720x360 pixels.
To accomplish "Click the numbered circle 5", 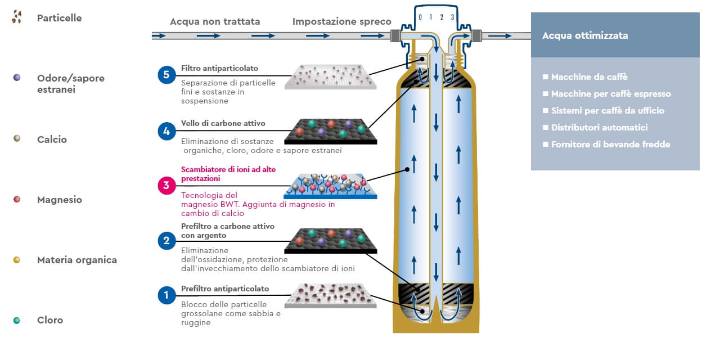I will (166, 74).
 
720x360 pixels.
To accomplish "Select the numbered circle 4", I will (166, 131).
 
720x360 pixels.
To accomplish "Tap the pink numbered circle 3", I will (166, 186).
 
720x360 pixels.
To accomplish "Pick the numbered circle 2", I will (166, 241).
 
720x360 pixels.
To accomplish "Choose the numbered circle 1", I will (166, 295).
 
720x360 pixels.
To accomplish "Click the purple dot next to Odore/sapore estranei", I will (17, 77).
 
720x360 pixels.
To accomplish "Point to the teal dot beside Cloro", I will (17, 320).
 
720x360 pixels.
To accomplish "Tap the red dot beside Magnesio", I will (17, 199).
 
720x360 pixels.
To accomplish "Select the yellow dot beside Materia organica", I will (17, 259).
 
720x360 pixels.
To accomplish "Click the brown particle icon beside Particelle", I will (17, 17).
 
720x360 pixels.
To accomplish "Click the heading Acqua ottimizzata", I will (585, 35).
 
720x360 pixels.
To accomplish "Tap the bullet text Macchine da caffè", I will (589, 77).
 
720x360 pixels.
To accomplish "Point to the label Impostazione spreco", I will (341, 22).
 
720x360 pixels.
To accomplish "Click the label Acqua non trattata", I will (215, 22).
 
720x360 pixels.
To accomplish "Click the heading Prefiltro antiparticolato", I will (225, 289).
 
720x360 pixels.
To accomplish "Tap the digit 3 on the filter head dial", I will (452, 17).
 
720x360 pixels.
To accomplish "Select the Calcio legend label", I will (52, 139).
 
